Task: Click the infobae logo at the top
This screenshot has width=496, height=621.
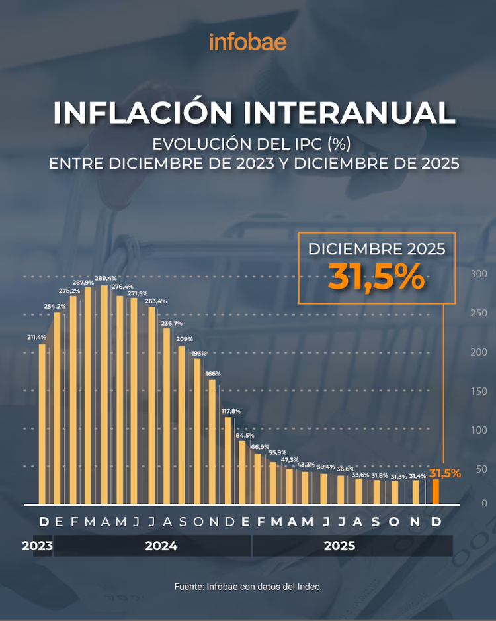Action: (x=248, y=42)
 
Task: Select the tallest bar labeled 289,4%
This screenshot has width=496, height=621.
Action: (x=104, y=394)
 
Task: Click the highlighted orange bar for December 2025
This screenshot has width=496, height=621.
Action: (x=436, y=491)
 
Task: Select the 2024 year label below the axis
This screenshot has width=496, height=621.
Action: (x=161, y=546)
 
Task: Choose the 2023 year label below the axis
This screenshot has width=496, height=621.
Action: (x=37, y=546)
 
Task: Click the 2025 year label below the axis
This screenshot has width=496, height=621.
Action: (x=339, y=546)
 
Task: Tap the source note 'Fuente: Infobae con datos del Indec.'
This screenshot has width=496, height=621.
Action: (x=248, y=587)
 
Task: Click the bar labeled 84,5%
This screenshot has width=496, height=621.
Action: (x=243, y=471)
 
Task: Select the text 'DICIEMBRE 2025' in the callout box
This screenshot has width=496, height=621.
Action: (x=376, y=249)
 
